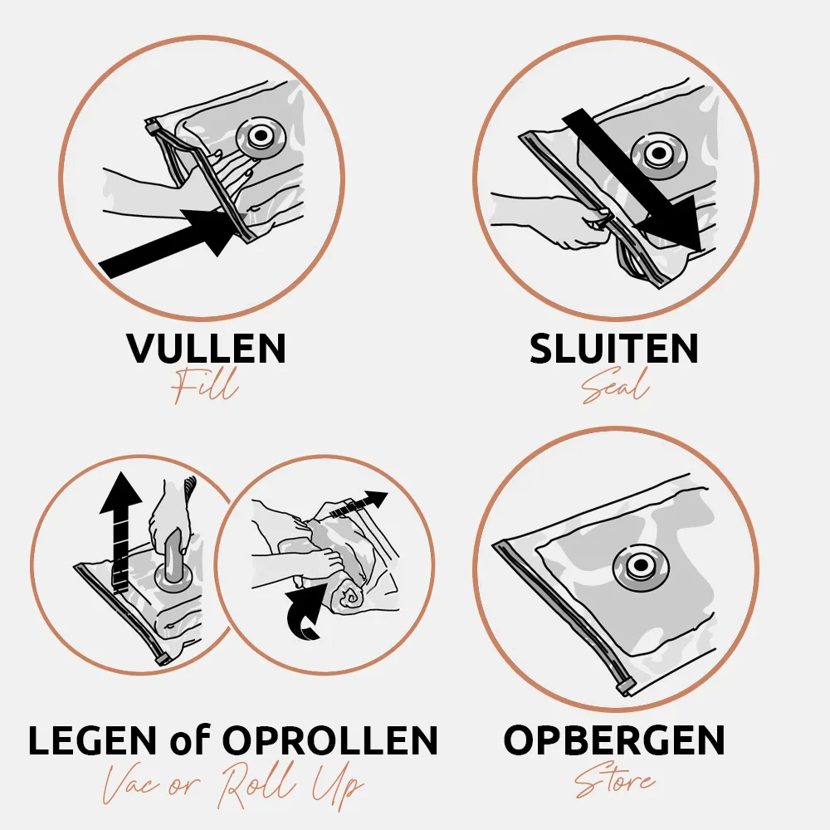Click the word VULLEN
pos(207,348)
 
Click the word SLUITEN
pos(614,348)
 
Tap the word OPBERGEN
pos(614,740)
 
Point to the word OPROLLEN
pos(330,740)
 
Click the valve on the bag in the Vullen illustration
pos(260,137)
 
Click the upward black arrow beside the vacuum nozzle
pos(120,530)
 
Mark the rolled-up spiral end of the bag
pos(349,599)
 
